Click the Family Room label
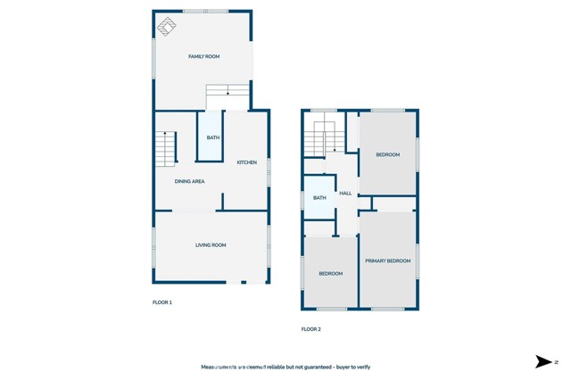(x=203, y=56)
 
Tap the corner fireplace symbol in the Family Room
(x=167, y=27)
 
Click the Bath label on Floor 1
(x=212, y=137)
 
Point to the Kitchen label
(x=246, y=162)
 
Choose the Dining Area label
(x=189, y=181)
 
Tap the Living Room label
(x=211, y=244)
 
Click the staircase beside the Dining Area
(x=166, y=147)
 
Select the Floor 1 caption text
(x=161, y=302)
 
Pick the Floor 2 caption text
(x=310, y=329)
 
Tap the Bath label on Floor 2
(x=319, y=198)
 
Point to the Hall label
(x=345, y=193)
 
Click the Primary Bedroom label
(x=388, y=260)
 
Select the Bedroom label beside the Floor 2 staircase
(x=387, y=155)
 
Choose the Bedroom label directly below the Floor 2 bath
(x=331, y=273)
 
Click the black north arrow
(x=542, y=361)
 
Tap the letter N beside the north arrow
(x=556, y=361)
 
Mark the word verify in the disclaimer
(x=360, y=367)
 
